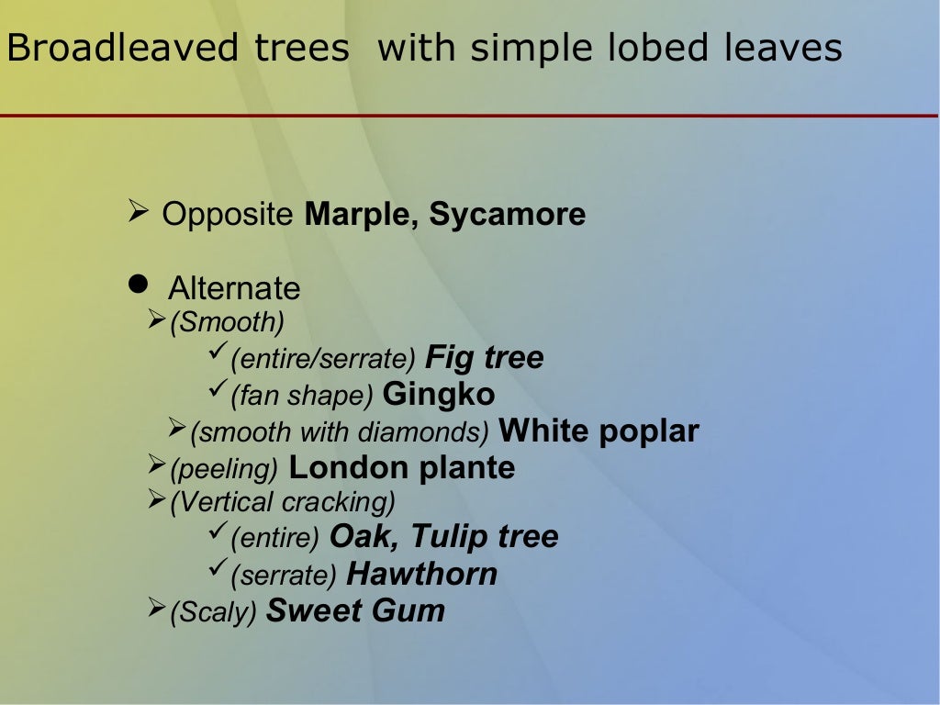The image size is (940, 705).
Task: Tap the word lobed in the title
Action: coord(655,49)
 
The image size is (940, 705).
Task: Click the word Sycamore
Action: coord(508,215)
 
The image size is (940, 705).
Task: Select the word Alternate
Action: coord(234,288)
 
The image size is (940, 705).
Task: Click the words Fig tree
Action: coord(486,358)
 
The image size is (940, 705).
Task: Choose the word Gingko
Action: coord(439,395)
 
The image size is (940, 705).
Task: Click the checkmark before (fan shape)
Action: coord(218,391)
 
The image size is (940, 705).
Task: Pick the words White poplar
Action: coord(599,431)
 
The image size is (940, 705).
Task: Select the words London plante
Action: coord(402,468)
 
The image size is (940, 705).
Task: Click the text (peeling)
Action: coord(224,469)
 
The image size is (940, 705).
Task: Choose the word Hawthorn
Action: coord(422,575)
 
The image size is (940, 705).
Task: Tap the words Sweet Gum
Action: coord(355,611)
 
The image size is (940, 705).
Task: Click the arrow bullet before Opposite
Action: coord(139,214)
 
